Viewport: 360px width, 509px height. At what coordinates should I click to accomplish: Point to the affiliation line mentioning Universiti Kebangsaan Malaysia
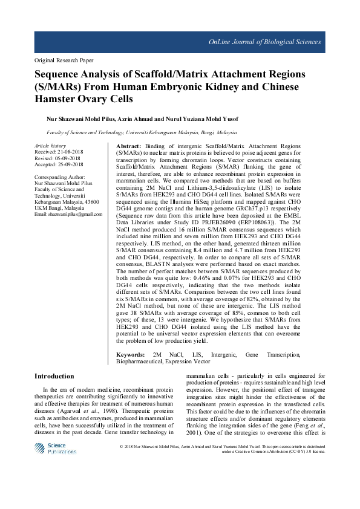142,131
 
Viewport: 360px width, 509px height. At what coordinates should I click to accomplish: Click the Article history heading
50,146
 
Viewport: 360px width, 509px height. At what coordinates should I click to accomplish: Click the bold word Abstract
128,147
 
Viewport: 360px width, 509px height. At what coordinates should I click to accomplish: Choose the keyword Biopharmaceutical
140,361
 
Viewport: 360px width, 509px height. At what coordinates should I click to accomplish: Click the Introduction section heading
54,376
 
